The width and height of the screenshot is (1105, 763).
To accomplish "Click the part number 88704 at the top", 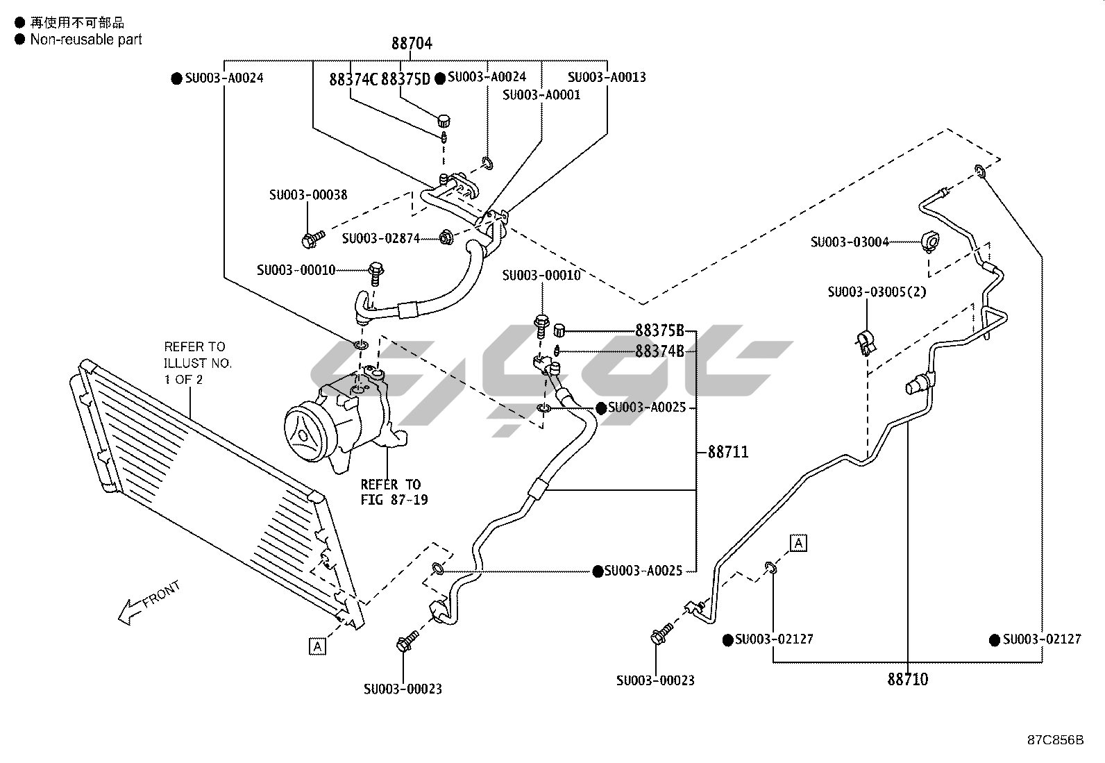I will point(412,43).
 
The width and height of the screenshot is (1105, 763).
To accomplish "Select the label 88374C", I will point(353,79).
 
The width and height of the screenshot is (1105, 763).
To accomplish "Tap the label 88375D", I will point(405,79).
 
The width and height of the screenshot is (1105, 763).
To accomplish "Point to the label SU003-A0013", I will point(607,77).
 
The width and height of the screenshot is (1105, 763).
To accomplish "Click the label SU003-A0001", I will point(541,94).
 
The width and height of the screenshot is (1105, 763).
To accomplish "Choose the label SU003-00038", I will point(308,195).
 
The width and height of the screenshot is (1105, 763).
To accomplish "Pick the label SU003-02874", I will point(380,238).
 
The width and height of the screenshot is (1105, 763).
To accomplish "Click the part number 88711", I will point(728,452).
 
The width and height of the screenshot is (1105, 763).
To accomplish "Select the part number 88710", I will point(907,679).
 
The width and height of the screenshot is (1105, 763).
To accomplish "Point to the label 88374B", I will point(659,351).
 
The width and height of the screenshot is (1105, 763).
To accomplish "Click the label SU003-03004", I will point(850,242).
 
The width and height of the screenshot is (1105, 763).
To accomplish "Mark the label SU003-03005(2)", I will point(877,292).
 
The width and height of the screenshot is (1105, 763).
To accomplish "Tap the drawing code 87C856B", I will point(1055,740).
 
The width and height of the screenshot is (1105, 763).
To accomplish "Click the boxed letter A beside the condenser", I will point(317,646).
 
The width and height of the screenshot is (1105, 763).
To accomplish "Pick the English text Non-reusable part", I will point(86,40).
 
